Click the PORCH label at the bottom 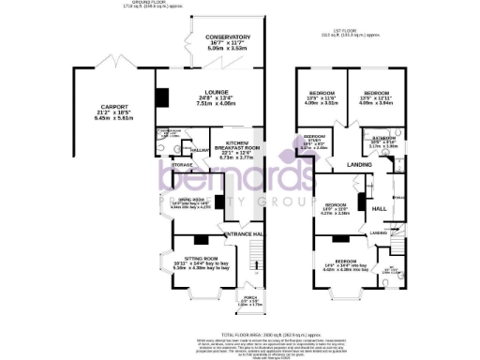243,300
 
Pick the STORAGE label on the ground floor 182,165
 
